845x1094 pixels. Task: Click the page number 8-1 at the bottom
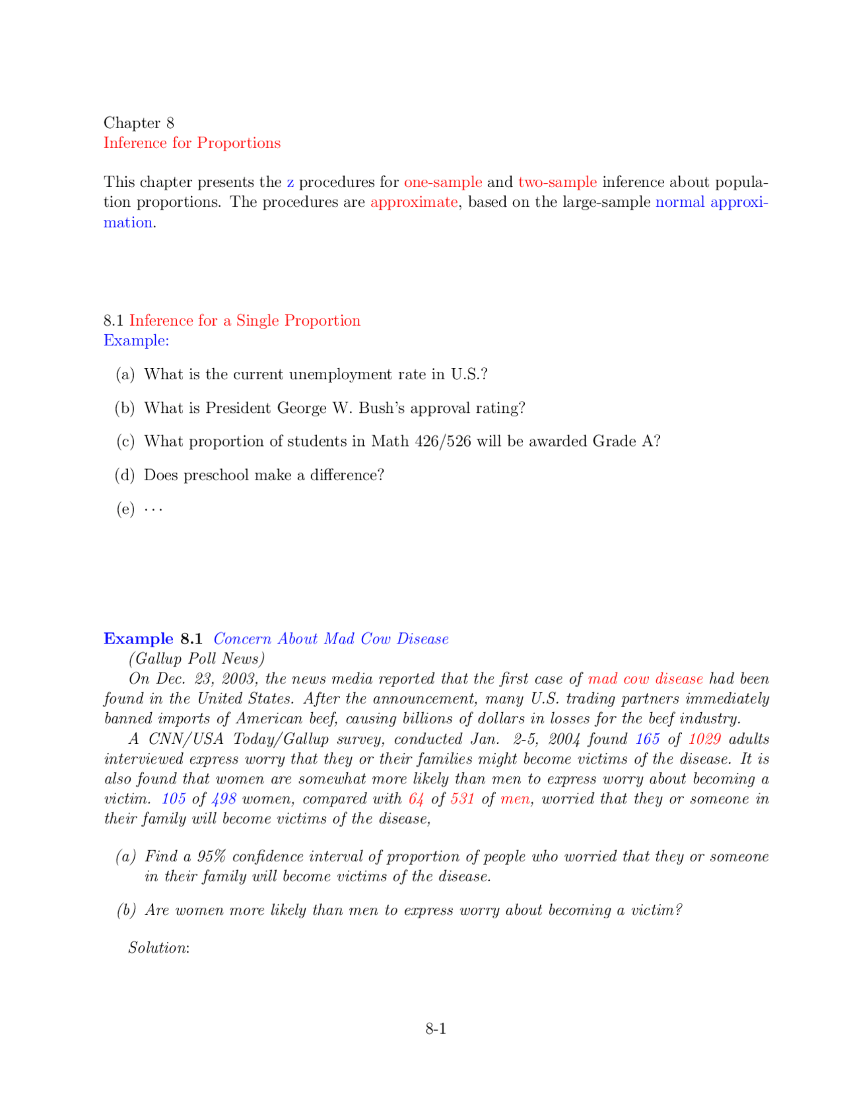click(436, 1029)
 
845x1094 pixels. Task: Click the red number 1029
click(704, 739)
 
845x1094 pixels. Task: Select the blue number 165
click(648, 739)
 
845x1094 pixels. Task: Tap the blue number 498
click(224, 799)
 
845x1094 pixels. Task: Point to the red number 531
click(462, 799)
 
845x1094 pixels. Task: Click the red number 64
click(416, 799)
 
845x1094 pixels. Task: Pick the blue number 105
click(174, 799)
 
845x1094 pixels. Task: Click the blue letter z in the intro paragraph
click(290, 182)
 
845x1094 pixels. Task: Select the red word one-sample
click(443, 182)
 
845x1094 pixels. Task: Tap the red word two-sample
click(557, 182)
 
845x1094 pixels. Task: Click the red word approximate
click(414, 202)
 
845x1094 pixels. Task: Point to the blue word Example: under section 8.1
click(136, 341)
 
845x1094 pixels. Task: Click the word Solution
click(158, 948)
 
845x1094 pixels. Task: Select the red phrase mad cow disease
click(645, 679)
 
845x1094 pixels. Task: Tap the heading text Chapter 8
click(139, 123)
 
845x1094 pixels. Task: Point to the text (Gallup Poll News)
click(197, 659)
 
